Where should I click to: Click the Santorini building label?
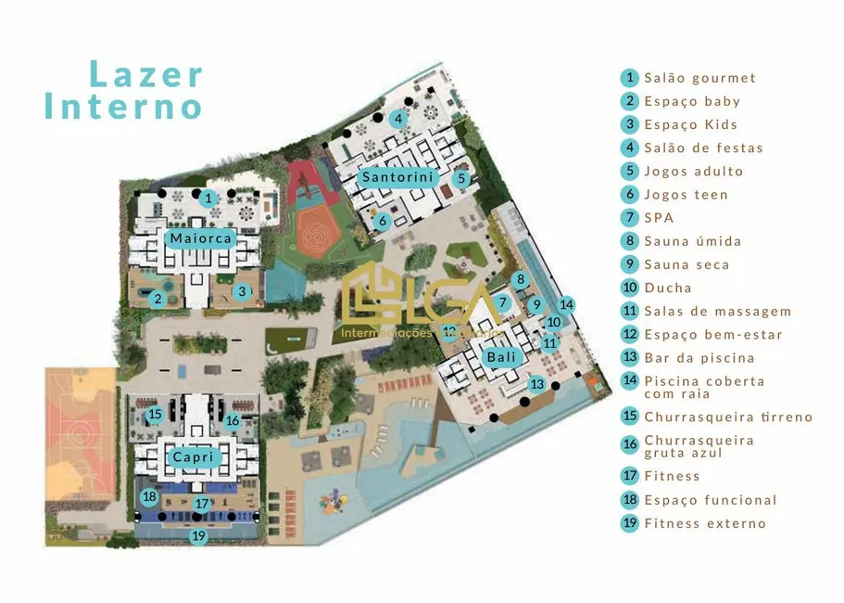click(x=397, y=177)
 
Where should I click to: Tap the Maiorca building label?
click(x=200, y=238)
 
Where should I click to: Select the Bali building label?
click(x=500, y=356)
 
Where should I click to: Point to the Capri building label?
click(x=193, y=456)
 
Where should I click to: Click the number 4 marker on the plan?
click(x=397, y=119)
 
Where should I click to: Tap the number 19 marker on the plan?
click(x=198, y=535)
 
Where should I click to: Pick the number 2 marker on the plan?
click(x=158, y=299)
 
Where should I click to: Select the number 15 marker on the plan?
click(x=155, y=415)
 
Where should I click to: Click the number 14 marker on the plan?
click(x=567, y=304)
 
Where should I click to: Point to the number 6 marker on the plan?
click(x=382, y=221)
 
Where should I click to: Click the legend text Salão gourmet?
click(x=700, y=78)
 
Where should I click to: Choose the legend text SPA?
click(x=659, y=218)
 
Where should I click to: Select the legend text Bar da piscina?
click(x=699, y=357)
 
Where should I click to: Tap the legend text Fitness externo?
click(x=705, y=523)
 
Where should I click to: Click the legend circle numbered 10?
click(x=630, y=288)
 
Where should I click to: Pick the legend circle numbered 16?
click(x=630, y=444)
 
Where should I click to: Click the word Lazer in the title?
click(x=146, y=74)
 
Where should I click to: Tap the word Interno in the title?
click(x=123, y=106)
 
